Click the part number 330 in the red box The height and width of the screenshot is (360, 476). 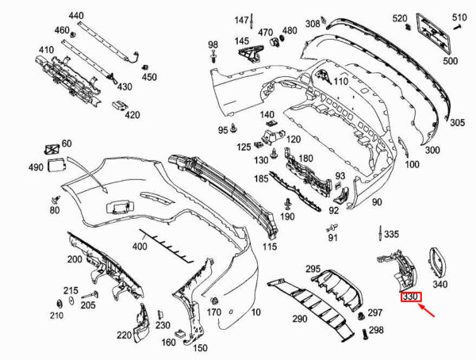[x=411, y=298]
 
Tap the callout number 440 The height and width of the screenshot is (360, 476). [x=75, y=16]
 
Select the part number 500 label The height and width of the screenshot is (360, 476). [x=450, y=60]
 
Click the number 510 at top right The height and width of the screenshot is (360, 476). [x=460, y=17]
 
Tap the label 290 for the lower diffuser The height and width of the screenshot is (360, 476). [x=299, y=319]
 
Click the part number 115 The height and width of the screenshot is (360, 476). [x=271, y=247]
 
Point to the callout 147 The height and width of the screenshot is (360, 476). [x=241, y=19]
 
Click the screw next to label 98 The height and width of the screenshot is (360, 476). [x=214, y=57]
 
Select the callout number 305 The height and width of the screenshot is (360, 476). [x=458, y=123]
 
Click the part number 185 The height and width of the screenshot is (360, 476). [x=260, y=180]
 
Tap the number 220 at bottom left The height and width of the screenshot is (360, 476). [x=125, y=335]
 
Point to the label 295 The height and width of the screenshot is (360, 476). [x=313, y=270]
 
